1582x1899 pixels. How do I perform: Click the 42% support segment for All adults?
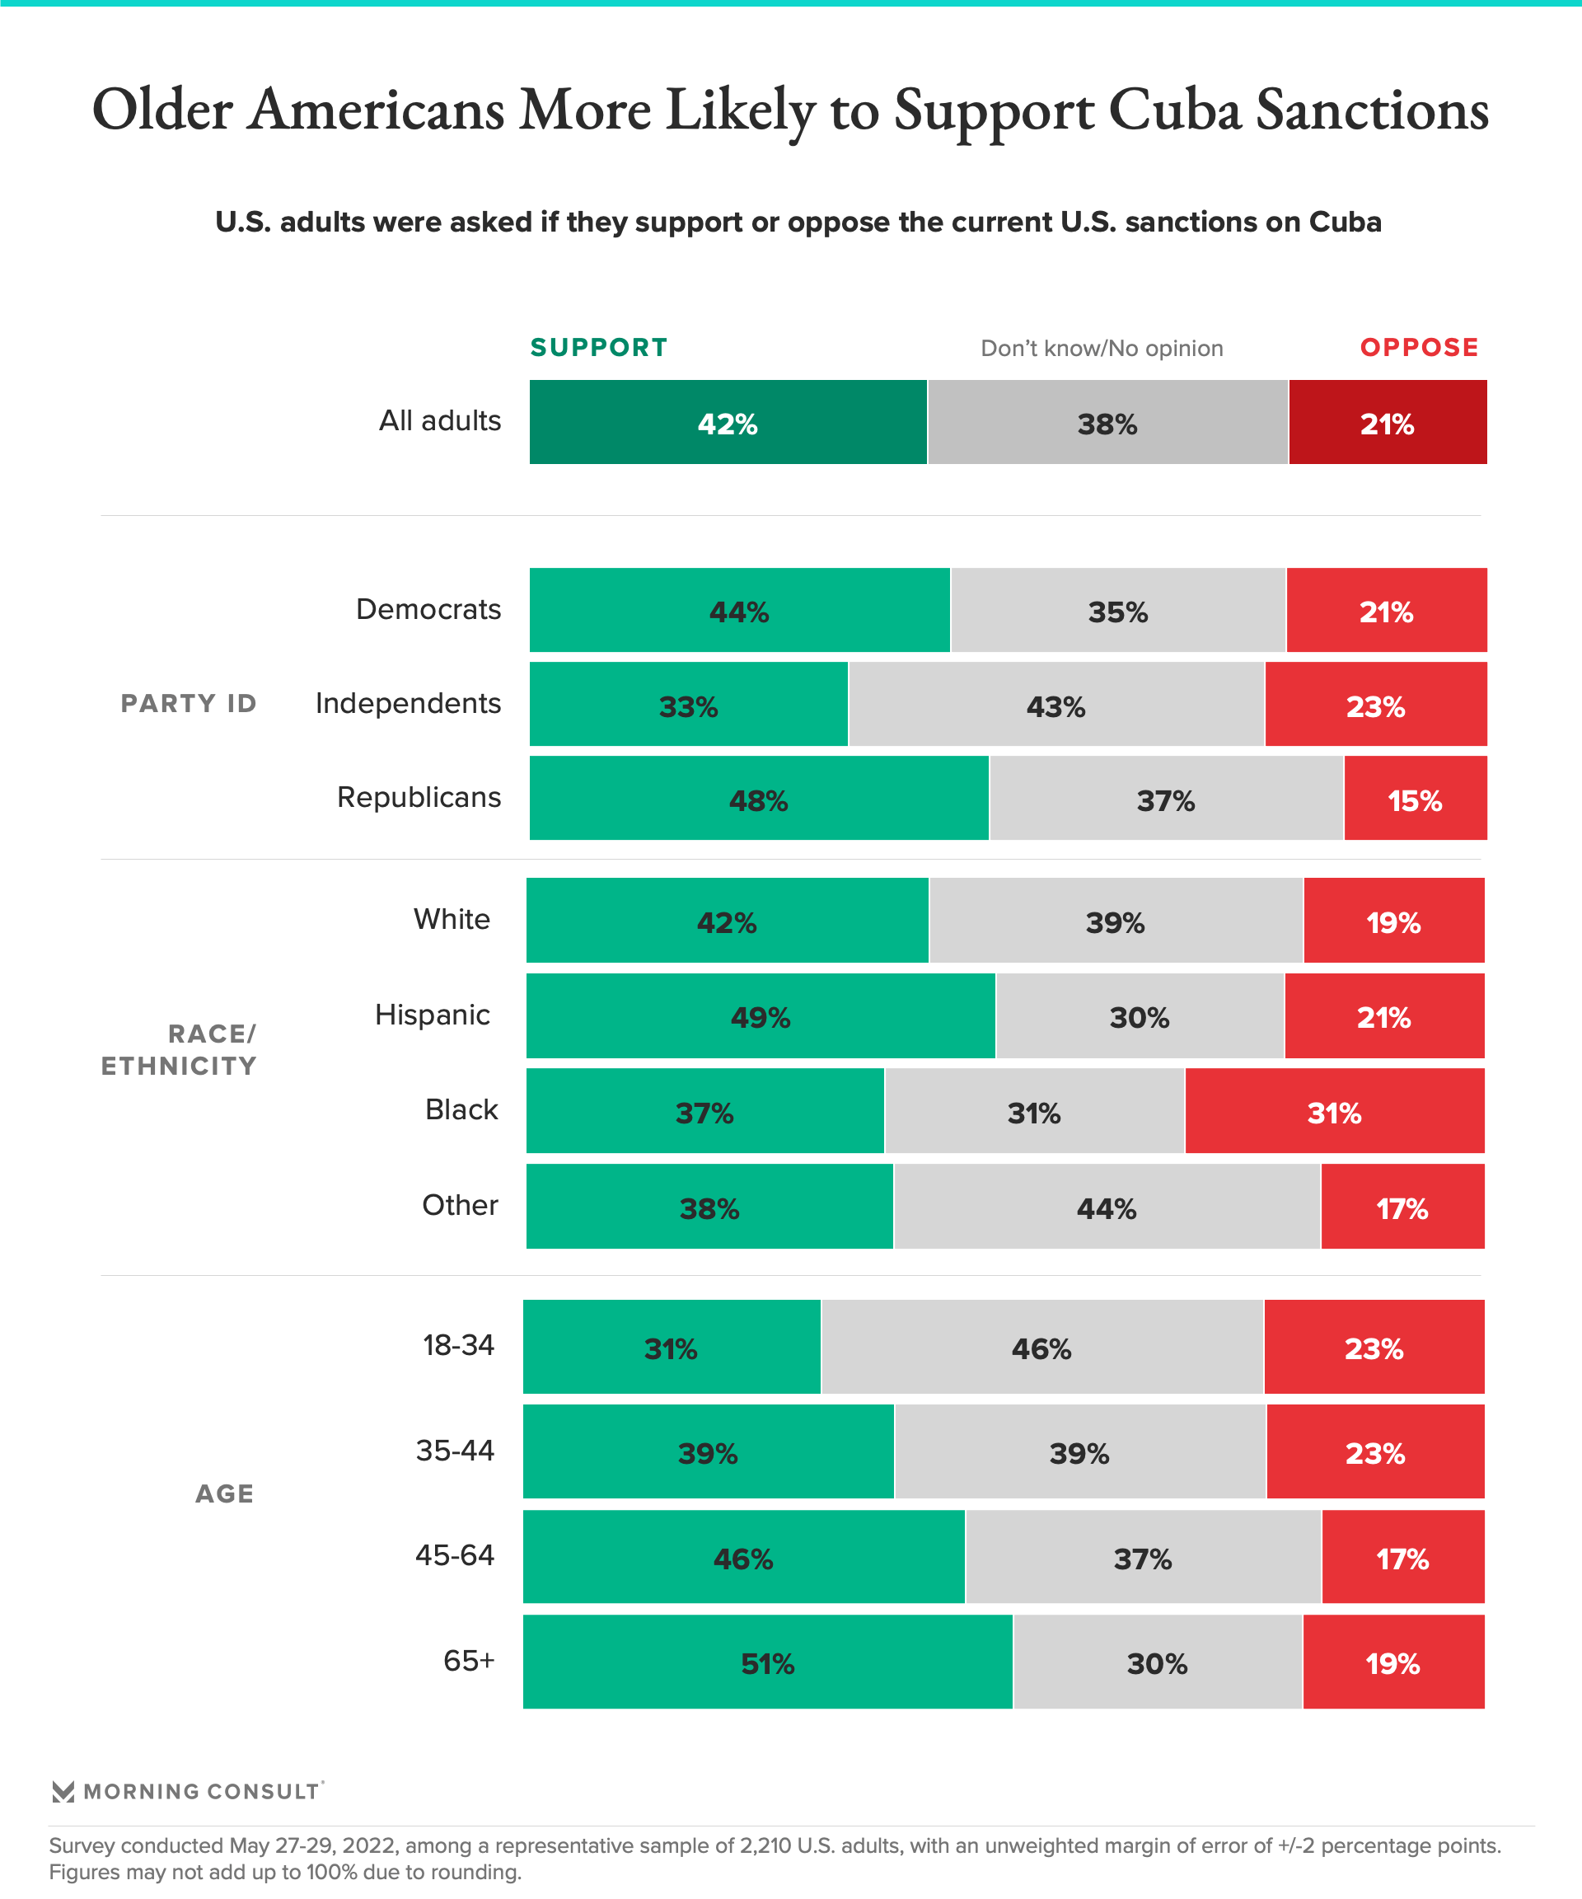click(x=728, y=422)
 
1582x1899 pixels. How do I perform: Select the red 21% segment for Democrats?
click(x=1386, y=611)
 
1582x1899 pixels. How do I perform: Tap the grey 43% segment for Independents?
click(x=1055, y=705)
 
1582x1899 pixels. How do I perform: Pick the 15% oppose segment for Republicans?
click(x=1415, y=799)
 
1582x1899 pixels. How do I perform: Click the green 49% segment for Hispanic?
click(x=761, y=1015)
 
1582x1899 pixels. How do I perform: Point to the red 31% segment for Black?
click(x=1334, y=1110)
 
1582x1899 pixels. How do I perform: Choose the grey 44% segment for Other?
click(x=1107, y=1207)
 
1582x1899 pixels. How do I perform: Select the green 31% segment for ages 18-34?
click(x=671, y=1347)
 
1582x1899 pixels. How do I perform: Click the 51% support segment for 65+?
click(x=767, y=1662)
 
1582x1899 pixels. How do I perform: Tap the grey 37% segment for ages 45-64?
click(x=1143, y=1557)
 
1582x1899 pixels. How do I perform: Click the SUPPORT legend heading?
click(x=598, y=347)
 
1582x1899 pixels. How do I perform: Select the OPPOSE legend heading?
click(x=1418, y=347)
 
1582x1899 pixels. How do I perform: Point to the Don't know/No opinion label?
click(x=1101, y=348)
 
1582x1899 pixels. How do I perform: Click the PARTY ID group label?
click(x=189, y=704)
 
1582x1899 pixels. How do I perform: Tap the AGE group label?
click(x=224, y=1493)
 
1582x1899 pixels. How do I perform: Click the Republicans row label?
click(x=419, y=797)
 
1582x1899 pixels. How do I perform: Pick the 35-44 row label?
click(x=455, y=1451)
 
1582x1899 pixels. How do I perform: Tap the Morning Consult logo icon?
click(x=63, y=1791)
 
